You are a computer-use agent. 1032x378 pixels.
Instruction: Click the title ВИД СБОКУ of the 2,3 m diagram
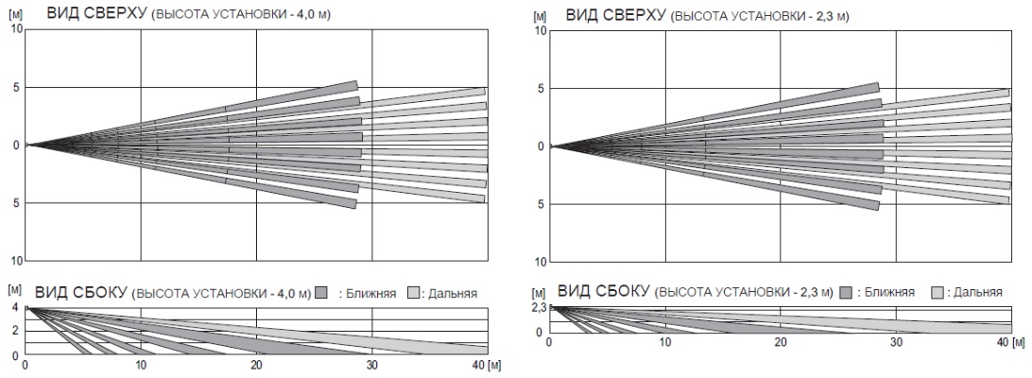point(601,290)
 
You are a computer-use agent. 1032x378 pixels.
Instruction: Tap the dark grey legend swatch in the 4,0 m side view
point(322,293)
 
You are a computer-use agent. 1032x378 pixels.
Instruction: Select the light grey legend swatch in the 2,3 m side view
point(940,292)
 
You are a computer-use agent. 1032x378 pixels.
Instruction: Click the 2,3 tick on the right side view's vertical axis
point(539,308)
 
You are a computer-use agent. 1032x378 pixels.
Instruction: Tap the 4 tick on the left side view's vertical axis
point(14,308)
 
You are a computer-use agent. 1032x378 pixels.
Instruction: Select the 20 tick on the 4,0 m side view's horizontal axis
point(256,365)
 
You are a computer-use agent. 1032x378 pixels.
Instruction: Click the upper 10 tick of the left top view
point(15,29)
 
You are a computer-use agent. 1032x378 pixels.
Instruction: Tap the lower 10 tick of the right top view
point(541,262)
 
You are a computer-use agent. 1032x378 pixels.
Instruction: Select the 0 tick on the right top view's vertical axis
point(541,146)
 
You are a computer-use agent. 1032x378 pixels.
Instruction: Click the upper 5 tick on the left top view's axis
point(15,87)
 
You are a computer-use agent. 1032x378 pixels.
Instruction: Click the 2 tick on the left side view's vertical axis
point(14,331)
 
